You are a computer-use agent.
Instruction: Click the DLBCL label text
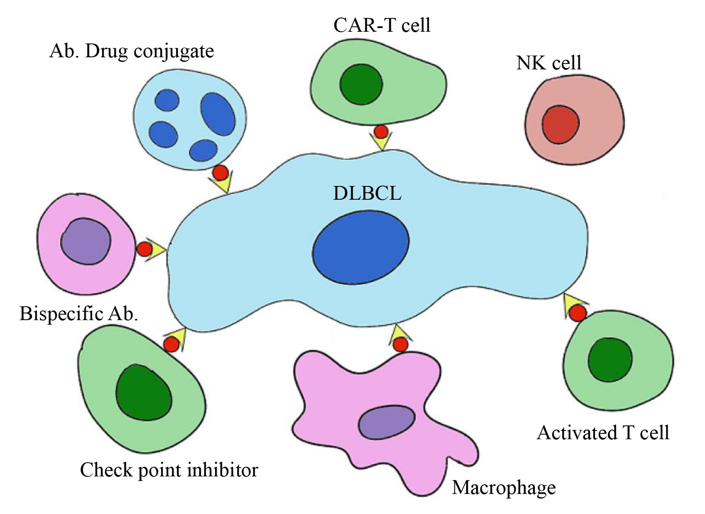[x=367, y=194]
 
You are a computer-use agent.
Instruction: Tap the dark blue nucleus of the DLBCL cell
[x=360, y=247]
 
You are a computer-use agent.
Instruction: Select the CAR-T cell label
[x=382, y=25]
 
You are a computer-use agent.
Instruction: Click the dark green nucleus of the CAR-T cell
[x=361, y=85]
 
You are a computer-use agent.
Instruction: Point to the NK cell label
[x=549, y=63]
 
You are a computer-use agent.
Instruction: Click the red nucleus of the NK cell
[x=560, y=124]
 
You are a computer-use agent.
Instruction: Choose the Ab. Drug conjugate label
[x=132, y=51]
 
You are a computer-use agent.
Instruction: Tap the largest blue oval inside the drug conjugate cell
[x=218, y=114]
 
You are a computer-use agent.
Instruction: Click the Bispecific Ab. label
[x=78, y=314]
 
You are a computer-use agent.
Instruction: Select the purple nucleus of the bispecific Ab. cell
[x=86, y=242]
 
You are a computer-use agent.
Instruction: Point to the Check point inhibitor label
[x=169, y=470]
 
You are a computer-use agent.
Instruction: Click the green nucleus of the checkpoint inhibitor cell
[x=144, y=392]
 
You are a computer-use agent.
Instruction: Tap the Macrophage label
[x=504, y=488]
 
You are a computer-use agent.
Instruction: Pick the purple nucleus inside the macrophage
[x=386, y=423]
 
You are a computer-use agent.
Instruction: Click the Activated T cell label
[x=603, y=433]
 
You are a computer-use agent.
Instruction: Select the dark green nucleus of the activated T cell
[x=610, y=359]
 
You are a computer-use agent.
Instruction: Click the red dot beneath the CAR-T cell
[x=381, y=131]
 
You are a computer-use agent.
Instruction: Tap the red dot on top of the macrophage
[x=400, y=345]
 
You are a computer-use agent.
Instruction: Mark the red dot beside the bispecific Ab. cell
[x=144, y=249]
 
